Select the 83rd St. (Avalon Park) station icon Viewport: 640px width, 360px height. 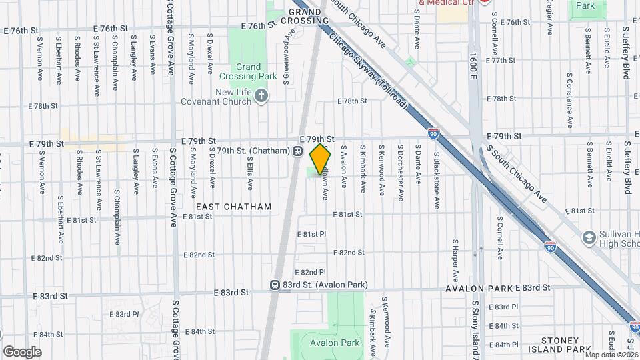tap(275, 285)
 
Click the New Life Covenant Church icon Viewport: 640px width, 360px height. tap(261, 97)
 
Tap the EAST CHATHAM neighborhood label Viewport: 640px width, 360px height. tap(233, 207)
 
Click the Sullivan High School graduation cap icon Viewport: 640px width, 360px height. tap(589, 237)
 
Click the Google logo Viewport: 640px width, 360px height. tap(22, 351)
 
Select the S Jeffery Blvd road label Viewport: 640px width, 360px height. tap(626, 53)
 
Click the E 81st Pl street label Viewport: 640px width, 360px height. tap(311, 235)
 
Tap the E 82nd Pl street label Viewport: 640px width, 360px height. tap(311, 272)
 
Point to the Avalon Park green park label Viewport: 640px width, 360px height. tap(335, 343)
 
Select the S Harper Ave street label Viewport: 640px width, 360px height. tap(455, 260)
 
